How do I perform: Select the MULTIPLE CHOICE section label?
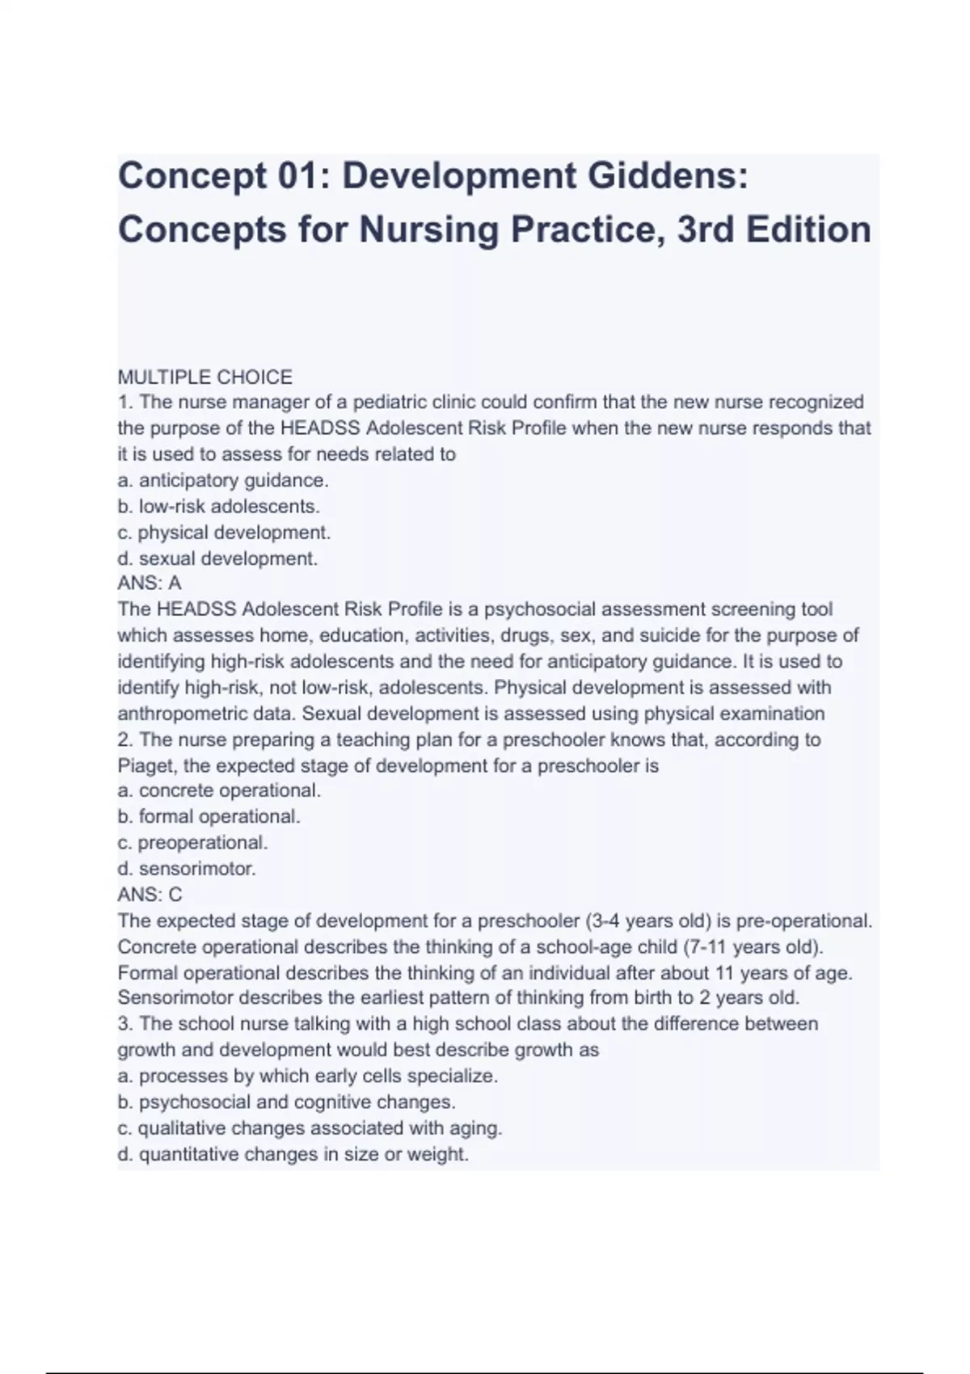[x=205, y=377]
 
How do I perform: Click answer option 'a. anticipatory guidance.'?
[x=223, y=480]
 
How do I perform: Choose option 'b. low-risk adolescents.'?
[x=218, y=507]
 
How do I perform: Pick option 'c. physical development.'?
[x=224, y=533]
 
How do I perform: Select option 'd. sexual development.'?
[x=217, y=558]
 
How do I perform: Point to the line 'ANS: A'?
[x=150, y=583]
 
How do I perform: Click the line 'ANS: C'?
[x=150, y=895]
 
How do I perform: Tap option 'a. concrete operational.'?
[x=219, y=790]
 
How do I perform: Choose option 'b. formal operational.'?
[x=209, y=816]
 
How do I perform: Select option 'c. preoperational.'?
[x=192, y=842]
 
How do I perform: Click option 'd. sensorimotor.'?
[x=187, y=869]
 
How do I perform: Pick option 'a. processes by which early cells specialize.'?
[x=307, y=1077]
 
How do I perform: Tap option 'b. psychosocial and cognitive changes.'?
[x=286, y=1102]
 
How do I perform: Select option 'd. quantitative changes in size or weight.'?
[x=293, y=1154]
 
